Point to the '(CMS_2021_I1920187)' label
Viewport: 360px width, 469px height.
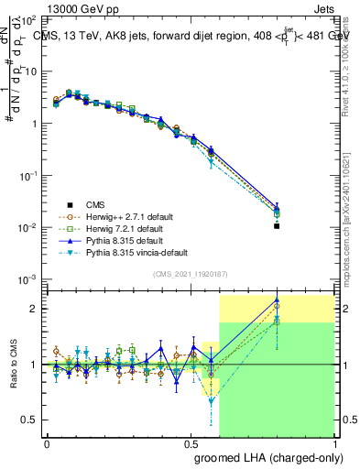(191, 275)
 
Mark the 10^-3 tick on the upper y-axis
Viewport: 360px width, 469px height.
(29, 278)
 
